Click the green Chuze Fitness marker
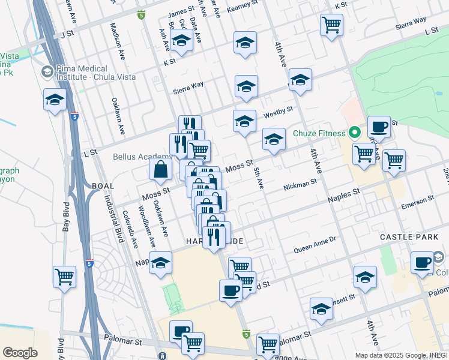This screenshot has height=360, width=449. coord(355,133)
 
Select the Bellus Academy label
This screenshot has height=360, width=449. coord(134,157)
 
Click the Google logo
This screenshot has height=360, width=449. coord(20,352)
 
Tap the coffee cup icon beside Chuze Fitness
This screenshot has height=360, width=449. coord(379,128)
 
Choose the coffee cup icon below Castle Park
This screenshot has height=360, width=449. coord(423,263)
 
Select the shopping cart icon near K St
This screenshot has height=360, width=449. coord(331,25)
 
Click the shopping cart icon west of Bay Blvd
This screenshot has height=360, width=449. coord(64,277)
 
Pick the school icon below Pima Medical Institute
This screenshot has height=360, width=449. coord(55,100)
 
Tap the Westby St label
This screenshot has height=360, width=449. coord(277,112)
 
